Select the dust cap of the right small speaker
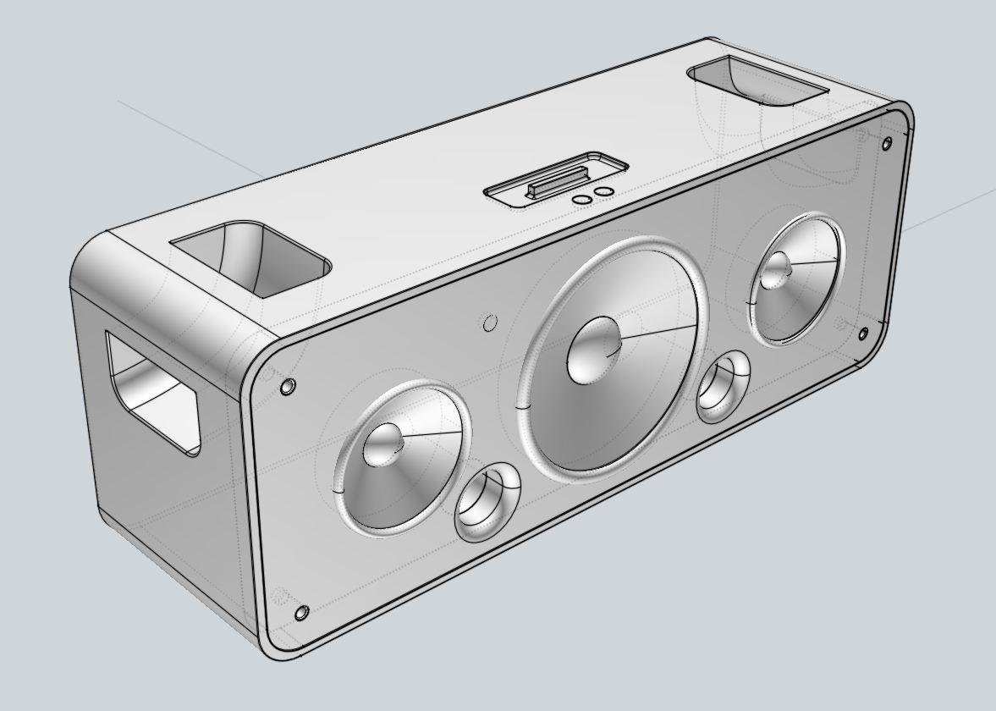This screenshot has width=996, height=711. tap(776, 272)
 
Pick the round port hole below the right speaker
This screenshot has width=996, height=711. tap(723, 388)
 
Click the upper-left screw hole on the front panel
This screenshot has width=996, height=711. tap(289, 386)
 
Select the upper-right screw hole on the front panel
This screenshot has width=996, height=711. tap(887, 142)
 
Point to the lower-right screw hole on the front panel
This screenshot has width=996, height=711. tap(863, 333)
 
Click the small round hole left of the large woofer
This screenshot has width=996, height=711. tap(489, 322)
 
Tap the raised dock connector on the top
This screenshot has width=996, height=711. tap(554, 181)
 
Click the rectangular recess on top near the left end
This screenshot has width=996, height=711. tap(249, 258)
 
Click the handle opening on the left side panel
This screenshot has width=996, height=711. tap(151, 392)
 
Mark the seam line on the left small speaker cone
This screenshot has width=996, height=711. tap(432, 436)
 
